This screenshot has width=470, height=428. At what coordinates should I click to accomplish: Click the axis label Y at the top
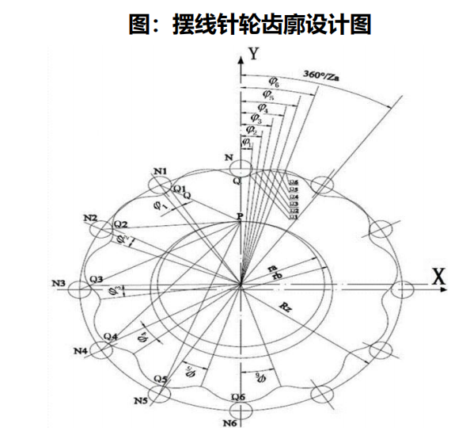254,54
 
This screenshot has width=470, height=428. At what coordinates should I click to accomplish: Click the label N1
161,171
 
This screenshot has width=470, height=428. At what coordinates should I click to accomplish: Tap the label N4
80,350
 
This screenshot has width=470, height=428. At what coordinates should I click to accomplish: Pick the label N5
142,401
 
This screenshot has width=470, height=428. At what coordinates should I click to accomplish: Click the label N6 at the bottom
231,421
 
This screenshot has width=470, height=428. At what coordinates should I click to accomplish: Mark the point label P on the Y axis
239,216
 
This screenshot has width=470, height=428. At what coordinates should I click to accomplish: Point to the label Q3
96,279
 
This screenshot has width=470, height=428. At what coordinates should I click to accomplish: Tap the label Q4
111,336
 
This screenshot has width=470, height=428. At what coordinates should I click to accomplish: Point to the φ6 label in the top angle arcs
273,81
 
